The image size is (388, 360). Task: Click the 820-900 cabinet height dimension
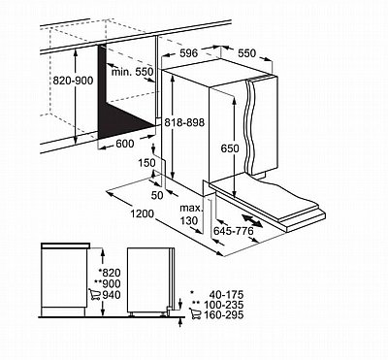[73, 81]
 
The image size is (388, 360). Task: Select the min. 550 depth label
[132, 72]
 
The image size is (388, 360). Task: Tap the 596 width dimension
[188, 53]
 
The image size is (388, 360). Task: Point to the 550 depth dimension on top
[247, 53]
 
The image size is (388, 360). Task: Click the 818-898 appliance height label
[184, 122]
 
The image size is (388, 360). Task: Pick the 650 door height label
[230, 148]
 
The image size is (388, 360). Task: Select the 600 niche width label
[124, 144]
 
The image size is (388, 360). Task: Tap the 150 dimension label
[147, 163]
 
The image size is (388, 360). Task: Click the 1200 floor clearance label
[142, 213]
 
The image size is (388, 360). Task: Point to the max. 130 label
[190, 214]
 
